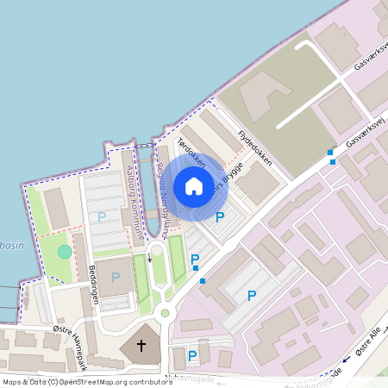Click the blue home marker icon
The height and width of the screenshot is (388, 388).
(x=194, y=186)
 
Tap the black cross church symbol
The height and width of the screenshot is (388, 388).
(x=139, y=346)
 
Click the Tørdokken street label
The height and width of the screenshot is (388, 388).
(x=191, y=153)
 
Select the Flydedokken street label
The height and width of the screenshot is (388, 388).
(x=254, y=147)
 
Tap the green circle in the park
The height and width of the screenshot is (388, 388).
(x=65, y=252)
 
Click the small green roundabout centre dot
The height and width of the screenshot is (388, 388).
(x=165, y=313)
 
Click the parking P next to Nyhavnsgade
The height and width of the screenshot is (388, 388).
(x=192, y=355)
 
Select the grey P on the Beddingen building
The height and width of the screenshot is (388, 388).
(x=116, y=277)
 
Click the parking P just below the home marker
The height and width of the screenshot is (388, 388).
(x=219, y=216)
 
